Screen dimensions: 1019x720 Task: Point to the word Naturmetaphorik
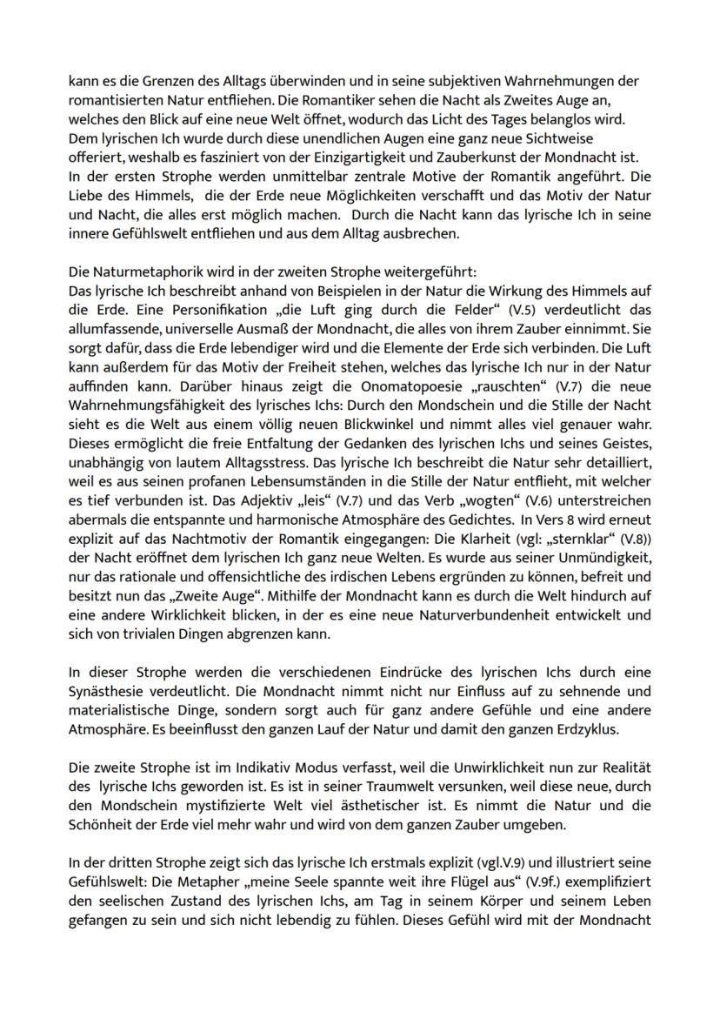145,256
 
